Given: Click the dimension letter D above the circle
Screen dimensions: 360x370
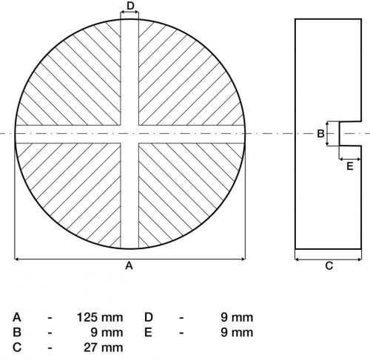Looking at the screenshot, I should [130, 7].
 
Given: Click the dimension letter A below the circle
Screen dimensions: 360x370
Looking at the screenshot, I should [129, 267].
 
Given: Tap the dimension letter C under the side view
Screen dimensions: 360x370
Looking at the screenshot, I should [329, 267].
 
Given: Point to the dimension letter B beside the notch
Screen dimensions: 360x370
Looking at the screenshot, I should [320, 134].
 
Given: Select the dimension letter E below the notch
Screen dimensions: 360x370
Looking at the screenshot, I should [350, 166].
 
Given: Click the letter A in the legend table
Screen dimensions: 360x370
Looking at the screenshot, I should [16, 317].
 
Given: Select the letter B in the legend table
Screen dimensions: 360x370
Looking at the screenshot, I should [16, 332].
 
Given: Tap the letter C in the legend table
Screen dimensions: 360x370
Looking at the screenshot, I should [16, 347].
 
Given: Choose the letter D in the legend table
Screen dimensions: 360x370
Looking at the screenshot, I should [148, 317].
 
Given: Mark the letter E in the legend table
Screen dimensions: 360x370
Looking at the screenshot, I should [148, 332].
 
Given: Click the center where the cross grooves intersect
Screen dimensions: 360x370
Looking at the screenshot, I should [130, 134].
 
